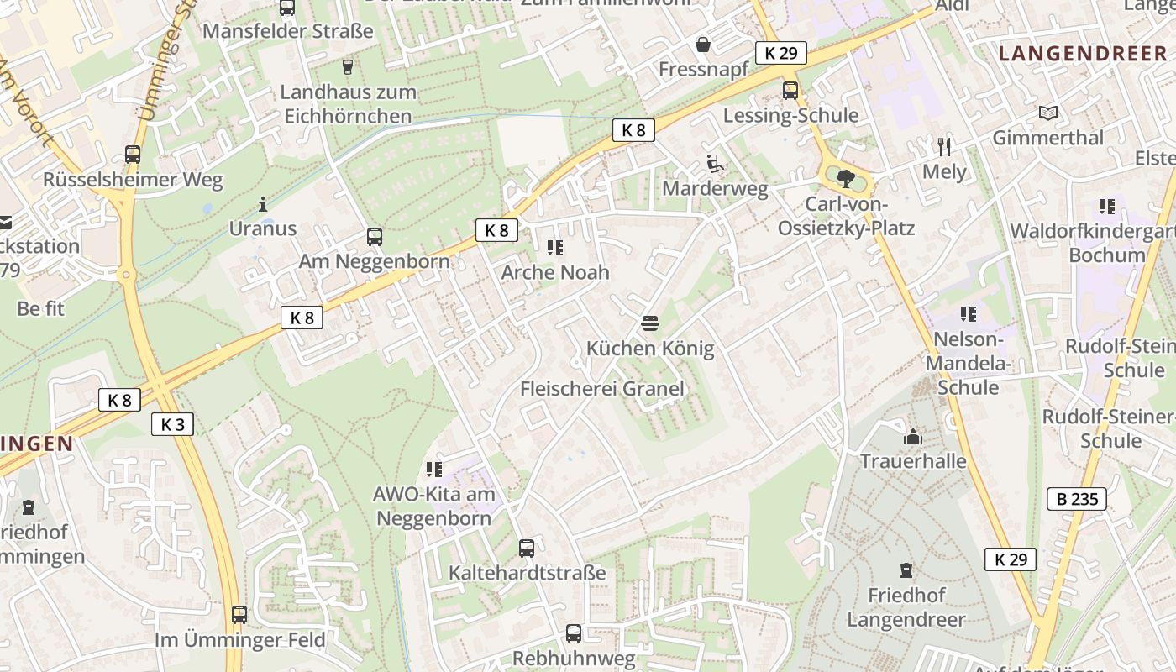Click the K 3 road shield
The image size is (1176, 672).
pyautogui.click(x=172, y=424)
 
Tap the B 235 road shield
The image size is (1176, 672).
pyautogui.click(x=1077, y=499)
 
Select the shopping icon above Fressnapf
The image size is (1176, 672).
pyautogui.click(x=703, y=44)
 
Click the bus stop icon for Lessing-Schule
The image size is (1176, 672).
pyautogui.click(x=790, y=91)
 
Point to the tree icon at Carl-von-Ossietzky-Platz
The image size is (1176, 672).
pyautogui.click(x=845, y=177)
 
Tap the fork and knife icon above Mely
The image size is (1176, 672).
pyautogui.click(x=944, y=147)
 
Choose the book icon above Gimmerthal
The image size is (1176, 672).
pyautogui.click(x=1047, y=113)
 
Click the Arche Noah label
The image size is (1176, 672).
pyautogui.click(x=555, y=272)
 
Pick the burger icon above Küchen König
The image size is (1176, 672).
pyautogui.click(x=649, y=323)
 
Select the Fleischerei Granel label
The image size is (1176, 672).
pyautogui.click(x=602, y=388)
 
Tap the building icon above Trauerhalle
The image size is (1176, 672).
pyautogui.click(x=912, y=437)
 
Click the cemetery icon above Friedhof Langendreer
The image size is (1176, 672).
pyautogui.click(x=906, y=571)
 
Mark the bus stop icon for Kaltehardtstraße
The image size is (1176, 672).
pyautogui.click(x=527, y=549)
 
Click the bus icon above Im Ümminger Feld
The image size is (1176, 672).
pyautogui.click(x=239, y=615)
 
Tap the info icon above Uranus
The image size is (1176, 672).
pyautogui.click(x=263, y=203)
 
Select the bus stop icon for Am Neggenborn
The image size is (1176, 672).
pyautogui.click(x=375, y=237)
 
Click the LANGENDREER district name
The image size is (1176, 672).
pyautogui.click(x=1083, y=55)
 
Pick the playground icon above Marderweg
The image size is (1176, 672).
pyautogui.click(x=715, y=164)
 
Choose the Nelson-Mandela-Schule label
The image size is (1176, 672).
pyautogui.click(x=968, y=364)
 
